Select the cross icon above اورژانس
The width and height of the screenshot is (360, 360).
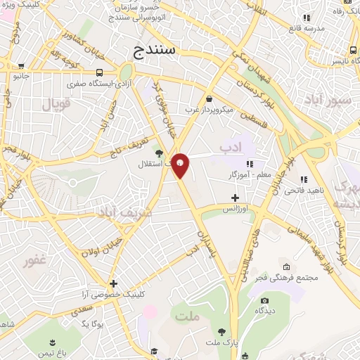coord(235,198)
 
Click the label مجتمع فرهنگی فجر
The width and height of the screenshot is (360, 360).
coord(288,278)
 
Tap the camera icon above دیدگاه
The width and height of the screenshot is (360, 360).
coord(265,300)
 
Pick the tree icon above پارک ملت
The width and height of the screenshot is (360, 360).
coord(221,331)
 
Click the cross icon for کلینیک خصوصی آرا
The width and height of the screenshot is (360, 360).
coord(113,284)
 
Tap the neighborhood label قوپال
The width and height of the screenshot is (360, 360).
coord(58,107)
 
